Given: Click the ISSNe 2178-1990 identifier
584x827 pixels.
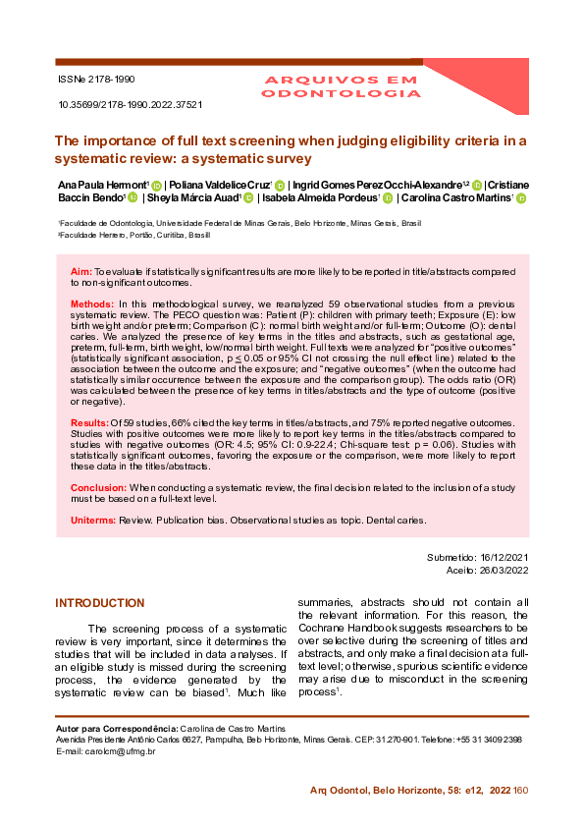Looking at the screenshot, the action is click(x=97, y=78).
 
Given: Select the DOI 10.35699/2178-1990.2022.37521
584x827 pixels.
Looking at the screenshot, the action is click(x=131, y=103).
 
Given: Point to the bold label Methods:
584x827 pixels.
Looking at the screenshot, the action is click(x=92, y=305).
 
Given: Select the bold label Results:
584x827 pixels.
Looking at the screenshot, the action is click(x=89, y=422).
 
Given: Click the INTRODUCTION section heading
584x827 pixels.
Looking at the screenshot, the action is click(x=99, y=603).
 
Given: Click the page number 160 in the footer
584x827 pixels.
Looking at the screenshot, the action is click(x=520, y=790).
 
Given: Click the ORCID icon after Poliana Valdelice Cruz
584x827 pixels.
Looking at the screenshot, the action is click(x=280, y=186).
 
